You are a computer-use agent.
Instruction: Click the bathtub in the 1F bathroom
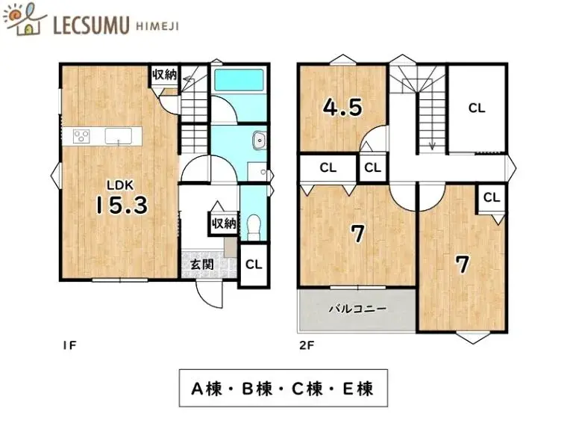click(x=239, y=80)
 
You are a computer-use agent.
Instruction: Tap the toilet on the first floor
click(x=254, y=227)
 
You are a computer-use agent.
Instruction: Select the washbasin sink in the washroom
click(x=260, y=141)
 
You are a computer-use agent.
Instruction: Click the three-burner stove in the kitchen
click(x=81, y=136)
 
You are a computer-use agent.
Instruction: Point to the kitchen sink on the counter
click(x=119, y=136)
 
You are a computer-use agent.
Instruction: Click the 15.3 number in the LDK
click(x=122, y=205)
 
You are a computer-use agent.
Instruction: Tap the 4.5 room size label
click(x=342, y=107)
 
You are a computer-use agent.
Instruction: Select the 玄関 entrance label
click(x=201, y=265)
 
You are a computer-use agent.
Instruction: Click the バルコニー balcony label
click(x=357, y=309)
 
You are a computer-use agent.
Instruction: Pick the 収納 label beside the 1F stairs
click(x=165, y=75)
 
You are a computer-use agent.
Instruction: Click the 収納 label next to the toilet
click(x=225, y=223)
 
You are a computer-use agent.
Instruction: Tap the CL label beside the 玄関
click(x=254, y=265)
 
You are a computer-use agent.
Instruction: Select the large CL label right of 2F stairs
click(x=477, y=108)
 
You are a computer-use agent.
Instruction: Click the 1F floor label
click(x=69, y=345)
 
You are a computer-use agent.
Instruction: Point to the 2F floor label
click(x=307, y=345)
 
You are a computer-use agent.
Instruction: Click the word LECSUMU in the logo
click(x=91, y=25)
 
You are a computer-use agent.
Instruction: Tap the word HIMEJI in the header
click(x=157, y=26)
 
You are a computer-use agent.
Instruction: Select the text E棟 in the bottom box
click(x=357, y=389)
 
